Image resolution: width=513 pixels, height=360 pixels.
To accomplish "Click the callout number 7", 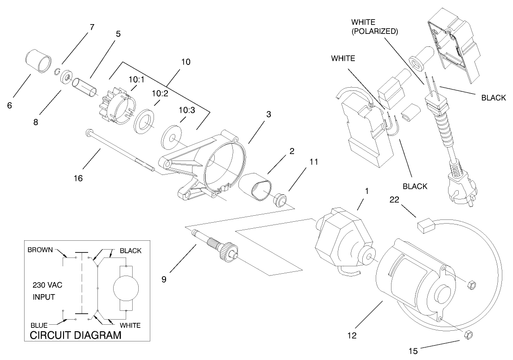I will [91, 27].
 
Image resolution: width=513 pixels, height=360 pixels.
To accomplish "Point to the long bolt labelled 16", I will [121, 151].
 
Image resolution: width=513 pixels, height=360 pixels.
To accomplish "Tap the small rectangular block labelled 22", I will [426, 226].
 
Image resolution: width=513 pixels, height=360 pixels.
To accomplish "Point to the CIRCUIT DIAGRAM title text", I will [75, 335].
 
